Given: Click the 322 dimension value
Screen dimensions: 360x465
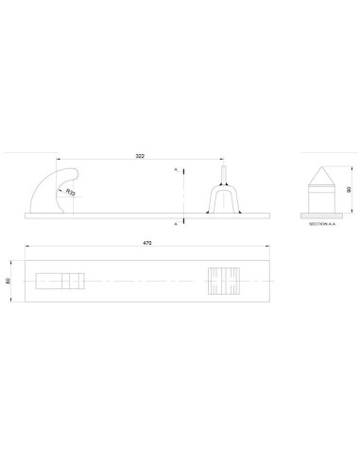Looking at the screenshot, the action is pos(140,156).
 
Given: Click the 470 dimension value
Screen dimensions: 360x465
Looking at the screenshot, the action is pos(147,243).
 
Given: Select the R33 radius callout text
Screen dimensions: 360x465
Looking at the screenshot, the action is pos(71,192).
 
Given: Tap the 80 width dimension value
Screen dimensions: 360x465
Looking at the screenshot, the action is pos(9,281).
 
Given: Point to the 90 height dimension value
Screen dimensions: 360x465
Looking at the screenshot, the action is pos(349,190).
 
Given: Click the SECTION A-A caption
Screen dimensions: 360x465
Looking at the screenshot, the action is pos(322,224).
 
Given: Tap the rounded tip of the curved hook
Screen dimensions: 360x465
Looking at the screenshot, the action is pos(75,173).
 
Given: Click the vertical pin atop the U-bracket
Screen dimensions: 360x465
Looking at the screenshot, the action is pos(223,174).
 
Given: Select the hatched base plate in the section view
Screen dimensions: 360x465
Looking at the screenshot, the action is pos(321,215).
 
